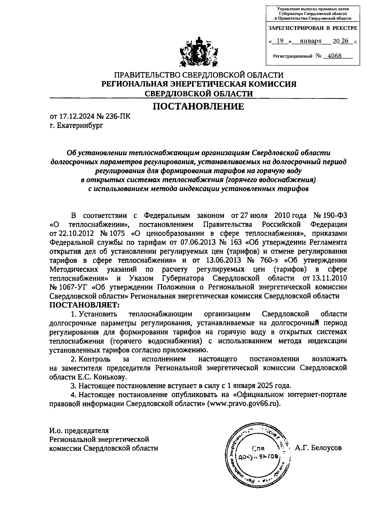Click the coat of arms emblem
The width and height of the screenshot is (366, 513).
point(199,52)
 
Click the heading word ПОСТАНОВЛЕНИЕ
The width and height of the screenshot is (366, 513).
point(198,106)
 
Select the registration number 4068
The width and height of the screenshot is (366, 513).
point(334,56)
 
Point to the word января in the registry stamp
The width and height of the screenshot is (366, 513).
point(310,41)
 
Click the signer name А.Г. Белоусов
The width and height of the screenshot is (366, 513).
point(318,448)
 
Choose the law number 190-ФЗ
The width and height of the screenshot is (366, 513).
point(335,216)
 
